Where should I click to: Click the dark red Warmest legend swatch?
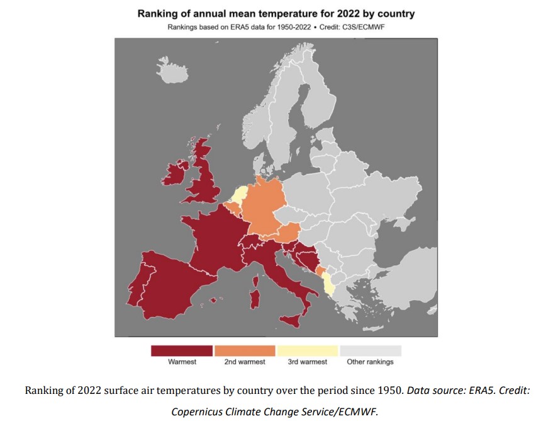182,350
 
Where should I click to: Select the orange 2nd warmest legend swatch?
245,350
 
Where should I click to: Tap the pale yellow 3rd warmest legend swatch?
308,350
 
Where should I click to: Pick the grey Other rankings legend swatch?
370,350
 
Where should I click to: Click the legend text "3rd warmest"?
308,362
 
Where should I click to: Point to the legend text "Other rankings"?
370,362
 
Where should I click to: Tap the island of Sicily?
291,320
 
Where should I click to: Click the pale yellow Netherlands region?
238,192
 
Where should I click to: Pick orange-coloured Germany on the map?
261,205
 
